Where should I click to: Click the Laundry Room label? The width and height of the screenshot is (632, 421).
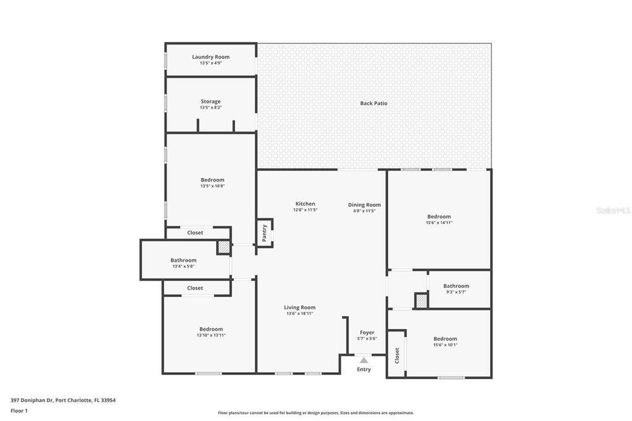coord(210,57)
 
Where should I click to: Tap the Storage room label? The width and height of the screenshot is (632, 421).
coord(210,101)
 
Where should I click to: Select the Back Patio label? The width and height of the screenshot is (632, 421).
coord(373,103)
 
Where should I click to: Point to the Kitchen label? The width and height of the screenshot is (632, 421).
coord(305,204)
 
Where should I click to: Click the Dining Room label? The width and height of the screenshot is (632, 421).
coord(364,205)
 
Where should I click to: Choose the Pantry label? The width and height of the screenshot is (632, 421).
coord(265,233)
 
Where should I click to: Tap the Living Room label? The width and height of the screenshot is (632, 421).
coord(299,307)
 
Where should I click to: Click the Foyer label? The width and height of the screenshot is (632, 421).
coord(367,333)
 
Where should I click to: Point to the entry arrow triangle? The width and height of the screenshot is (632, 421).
coord(364,360)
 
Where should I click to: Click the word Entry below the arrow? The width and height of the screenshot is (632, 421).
coord(364,369)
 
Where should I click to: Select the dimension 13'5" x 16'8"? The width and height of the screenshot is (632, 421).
coord(212,186)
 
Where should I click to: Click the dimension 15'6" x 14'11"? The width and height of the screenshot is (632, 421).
coord(439,223)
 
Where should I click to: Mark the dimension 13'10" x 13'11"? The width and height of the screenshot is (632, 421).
coord(211,335)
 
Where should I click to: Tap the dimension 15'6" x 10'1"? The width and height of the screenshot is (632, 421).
coord(445,345)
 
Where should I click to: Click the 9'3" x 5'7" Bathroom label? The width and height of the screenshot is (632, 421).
coord(456,286)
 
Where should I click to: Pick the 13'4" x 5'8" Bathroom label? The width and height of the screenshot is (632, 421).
coord(183,261)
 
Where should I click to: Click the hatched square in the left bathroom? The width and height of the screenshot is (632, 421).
coord(223,247)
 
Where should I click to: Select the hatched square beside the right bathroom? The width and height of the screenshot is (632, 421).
coord(421,301)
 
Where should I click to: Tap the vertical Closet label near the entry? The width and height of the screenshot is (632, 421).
coord(397,355)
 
